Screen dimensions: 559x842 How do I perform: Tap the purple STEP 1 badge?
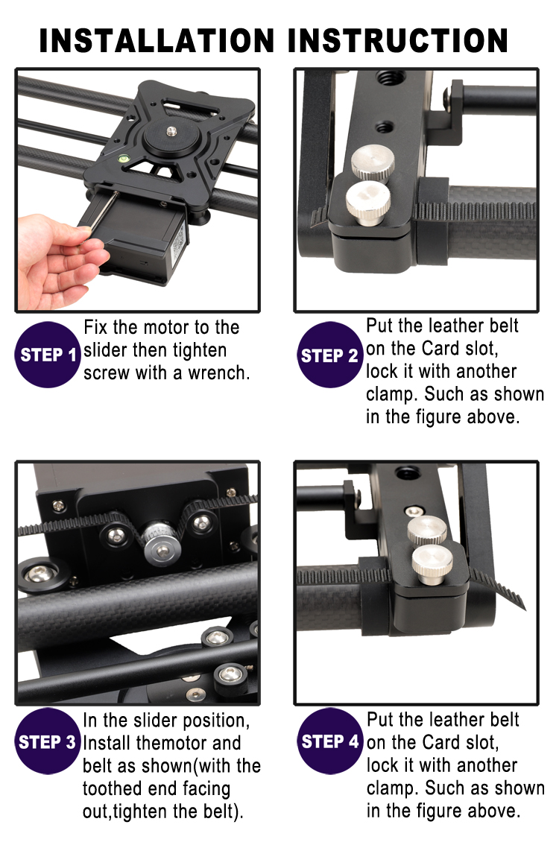pyautogui.click(x=48, y=355)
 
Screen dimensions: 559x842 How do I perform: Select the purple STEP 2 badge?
pyautogui.click(x=329, y=355)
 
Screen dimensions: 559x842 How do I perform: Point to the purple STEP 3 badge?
pyautogui.click(x=47, y=741)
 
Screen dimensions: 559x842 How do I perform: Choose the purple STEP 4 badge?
pyautogui.click(x=329, y=741)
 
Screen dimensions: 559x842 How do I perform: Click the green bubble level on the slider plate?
pyautogui.click(x=123, y=159)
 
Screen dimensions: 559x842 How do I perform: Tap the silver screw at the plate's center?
pyautogui.click(x=171, y=130)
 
